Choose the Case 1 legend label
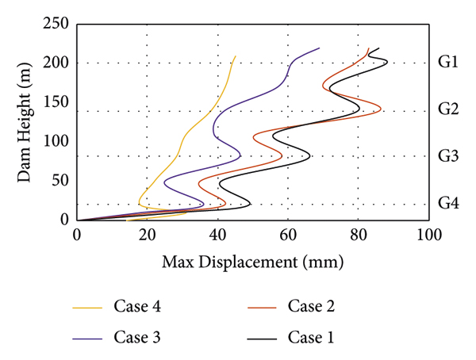point(313,337)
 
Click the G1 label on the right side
point(448,63)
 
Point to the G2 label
point(448,109)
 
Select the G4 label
point(448,203)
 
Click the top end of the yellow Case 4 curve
point(236,56)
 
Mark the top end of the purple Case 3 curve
point(320,48)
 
